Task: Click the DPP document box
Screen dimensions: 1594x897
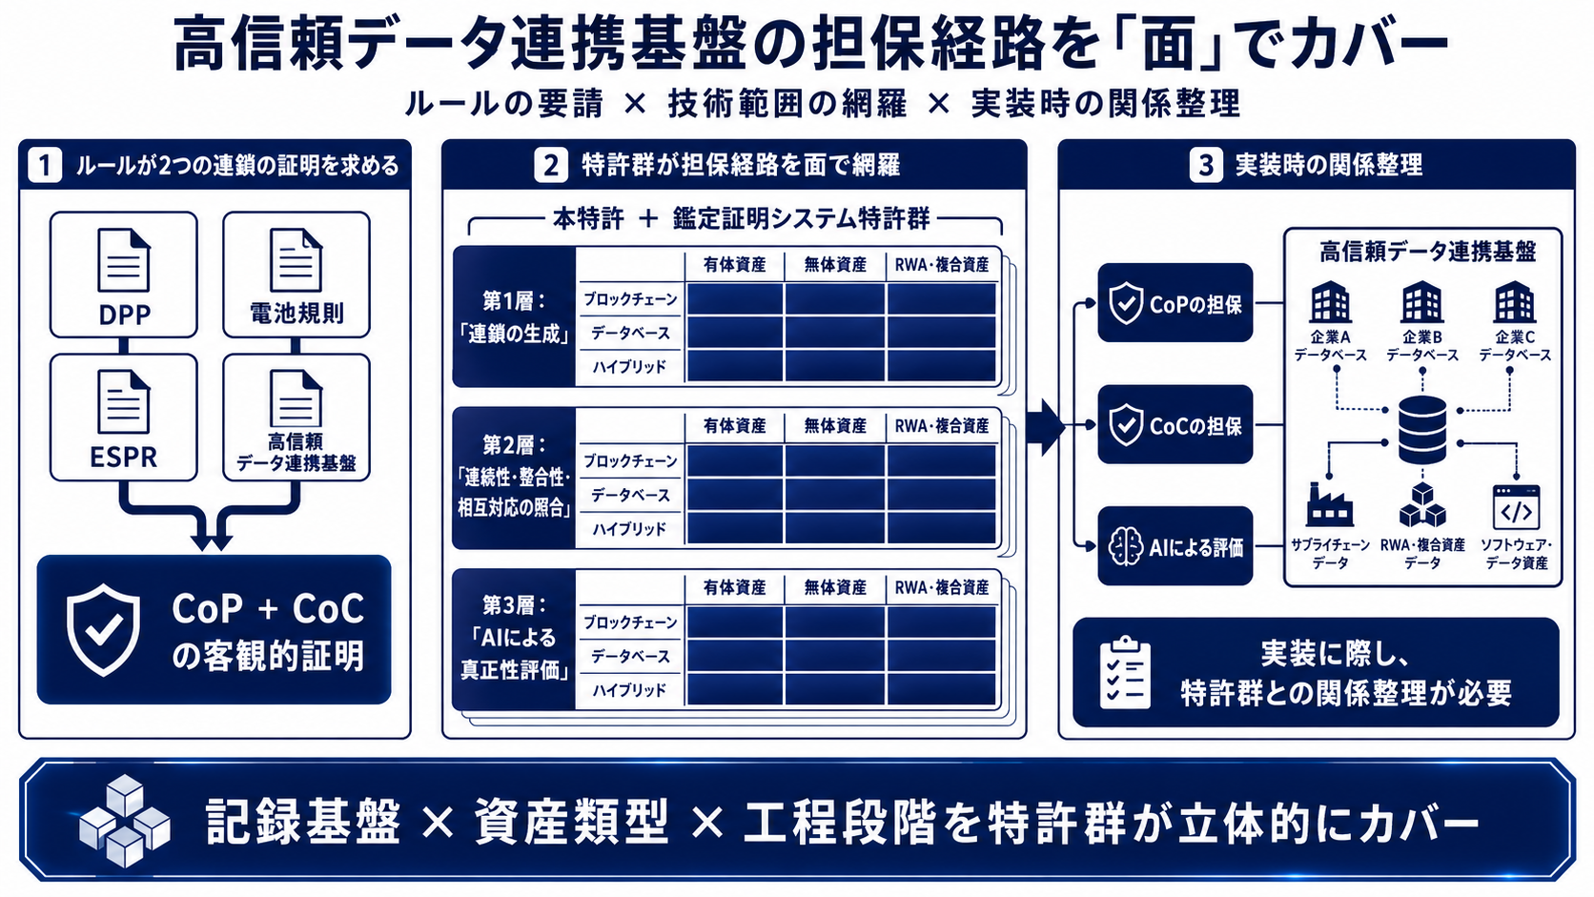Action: point(124,275)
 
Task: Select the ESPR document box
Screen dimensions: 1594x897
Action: point(124,418)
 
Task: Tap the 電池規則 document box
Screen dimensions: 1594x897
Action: point(296,275)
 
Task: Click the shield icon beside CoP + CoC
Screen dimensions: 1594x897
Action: point(103,630)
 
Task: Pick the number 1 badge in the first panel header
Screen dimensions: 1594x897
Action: point(45,166)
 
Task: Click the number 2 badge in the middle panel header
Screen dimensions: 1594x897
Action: point(551,165)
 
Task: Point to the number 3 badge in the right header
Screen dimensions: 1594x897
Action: point(1205,165)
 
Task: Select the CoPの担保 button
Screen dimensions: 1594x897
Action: point(1175,303)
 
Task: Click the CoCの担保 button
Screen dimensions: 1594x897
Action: point(1175,425)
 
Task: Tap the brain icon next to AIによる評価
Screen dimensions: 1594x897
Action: point(1126,547)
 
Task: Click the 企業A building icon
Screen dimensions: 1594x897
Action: point(1330,301)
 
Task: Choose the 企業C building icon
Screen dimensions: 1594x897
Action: point(1514,301)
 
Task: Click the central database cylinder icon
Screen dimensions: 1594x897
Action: point(1422,430)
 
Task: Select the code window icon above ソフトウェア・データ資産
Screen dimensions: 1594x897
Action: point(1516,507)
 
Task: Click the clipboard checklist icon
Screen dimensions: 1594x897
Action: point(1124,673)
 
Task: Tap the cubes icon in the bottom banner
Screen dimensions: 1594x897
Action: point(125,822)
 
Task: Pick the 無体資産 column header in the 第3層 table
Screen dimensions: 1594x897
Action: point(835,587)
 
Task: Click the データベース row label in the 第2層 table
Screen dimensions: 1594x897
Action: point(630,495)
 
